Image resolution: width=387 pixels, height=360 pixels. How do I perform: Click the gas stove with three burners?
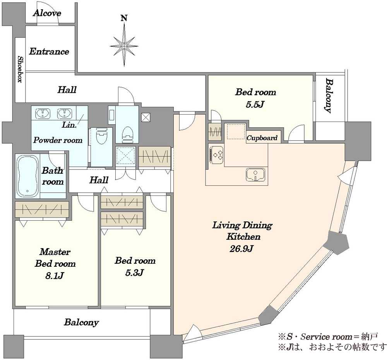(217, 155)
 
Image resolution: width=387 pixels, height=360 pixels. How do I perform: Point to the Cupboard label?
(262, 138)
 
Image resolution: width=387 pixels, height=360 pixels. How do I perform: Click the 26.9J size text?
(241, 249)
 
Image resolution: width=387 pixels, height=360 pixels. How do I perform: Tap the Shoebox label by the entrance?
(20, 69)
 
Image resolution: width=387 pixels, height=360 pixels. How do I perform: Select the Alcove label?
(47, 13)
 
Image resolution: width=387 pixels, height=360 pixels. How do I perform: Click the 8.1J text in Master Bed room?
(55, 276)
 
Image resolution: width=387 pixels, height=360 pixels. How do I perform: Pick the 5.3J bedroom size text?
(135, 273)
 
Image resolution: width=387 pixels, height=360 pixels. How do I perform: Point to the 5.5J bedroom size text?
(255, 105)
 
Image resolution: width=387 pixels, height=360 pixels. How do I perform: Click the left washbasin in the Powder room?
(43, 113)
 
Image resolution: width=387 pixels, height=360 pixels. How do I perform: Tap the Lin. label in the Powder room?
(69, 125)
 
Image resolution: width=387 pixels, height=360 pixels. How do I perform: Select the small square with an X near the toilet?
(146, 117)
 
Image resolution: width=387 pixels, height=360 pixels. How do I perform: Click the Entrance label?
(49, 51)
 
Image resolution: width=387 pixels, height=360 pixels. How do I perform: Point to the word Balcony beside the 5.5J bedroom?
(329, 96)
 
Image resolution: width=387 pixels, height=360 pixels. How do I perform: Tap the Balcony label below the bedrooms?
(81, 322)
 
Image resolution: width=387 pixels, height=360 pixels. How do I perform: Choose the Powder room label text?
(58, 140)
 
